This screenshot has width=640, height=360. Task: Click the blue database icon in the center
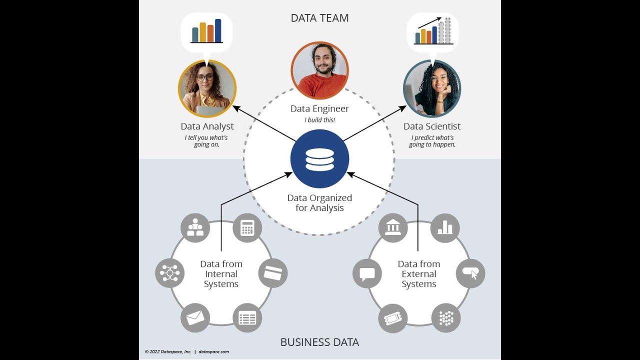319,159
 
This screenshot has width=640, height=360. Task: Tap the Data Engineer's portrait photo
319,70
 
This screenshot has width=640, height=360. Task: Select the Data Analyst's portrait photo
207,88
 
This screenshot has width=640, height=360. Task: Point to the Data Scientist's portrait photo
431,88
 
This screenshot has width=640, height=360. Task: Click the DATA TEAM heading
319,18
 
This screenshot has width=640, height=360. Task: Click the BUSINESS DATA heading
319,342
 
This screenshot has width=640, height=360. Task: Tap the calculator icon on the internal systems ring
247,228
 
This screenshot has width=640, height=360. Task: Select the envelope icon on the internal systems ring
195,317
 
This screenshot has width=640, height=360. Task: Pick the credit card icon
273,273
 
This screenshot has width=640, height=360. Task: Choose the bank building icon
393,228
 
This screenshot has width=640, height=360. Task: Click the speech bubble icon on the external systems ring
367,273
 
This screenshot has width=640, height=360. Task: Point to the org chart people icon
195,228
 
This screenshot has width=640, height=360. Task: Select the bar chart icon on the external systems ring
445,228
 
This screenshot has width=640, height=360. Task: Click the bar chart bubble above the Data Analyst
206,32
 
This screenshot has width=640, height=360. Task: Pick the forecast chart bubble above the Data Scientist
433,32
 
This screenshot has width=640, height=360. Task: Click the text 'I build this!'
319,120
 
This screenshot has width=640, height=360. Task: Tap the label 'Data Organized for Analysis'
319,203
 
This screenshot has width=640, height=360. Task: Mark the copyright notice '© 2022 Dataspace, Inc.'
168,352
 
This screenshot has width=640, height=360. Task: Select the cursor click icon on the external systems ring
470,273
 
